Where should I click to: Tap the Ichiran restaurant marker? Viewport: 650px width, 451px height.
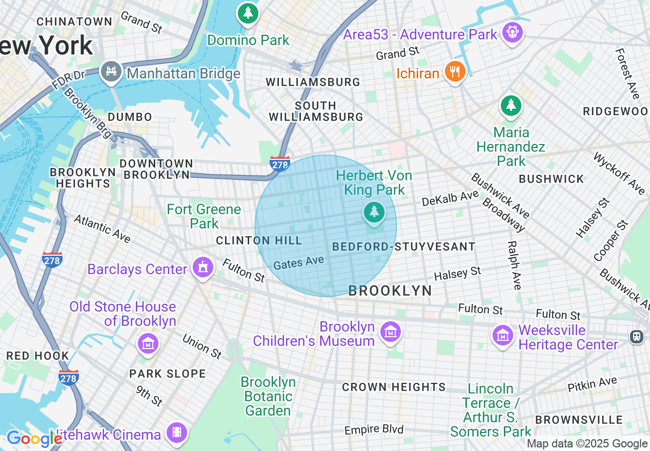point(454,72)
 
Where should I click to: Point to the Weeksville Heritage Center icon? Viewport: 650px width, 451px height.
point(503,336)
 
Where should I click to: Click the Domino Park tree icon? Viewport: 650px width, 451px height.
point(248,13)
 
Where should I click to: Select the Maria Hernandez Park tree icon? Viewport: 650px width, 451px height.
point(511,106)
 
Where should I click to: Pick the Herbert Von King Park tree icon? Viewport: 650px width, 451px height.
point(374,212)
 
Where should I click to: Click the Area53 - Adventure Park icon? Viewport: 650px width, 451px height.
point(512,32)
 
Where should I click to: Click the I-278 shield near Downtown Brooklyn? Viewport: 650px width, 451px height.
point(280,163)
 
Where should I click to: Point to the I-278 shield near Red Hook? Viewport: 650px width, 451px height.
point(68,377)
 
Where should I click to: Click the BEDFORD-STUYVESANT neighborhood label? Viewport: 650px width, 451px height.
point(404,247)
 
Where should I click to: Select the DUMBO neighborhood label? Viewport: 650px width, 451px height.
point(130,117)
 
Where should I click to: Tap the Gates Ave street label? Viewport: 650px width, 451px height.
point(298,263)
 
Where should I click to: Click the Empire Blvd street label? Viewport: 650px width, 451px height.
point(374,429)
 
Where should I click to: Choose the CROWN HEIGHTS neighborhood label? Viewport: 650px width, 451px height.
point(394,387)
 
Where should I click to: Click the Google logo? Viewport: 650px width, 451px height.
point(34,439)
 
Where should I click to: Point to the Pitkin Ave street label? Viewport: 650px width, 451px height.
point(592,383)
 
